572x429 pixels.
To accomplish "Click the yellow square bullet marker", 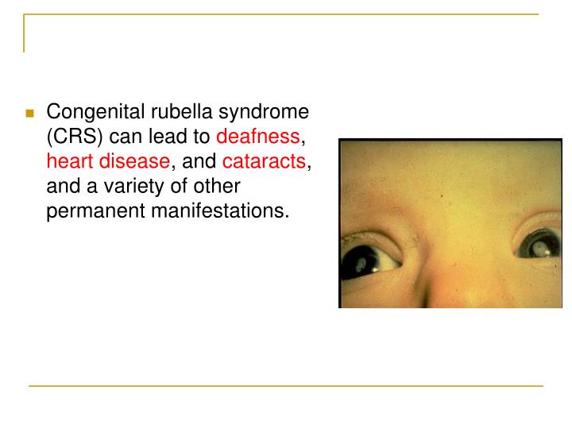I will [x=30, y=113].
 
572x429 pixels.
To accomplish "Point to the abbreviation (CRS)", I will [x=71, y=137].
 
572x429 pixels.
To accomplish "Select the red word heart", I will [x=69, y=161].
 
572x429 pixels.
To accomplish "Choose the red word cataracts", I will [x=264, y=161].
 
